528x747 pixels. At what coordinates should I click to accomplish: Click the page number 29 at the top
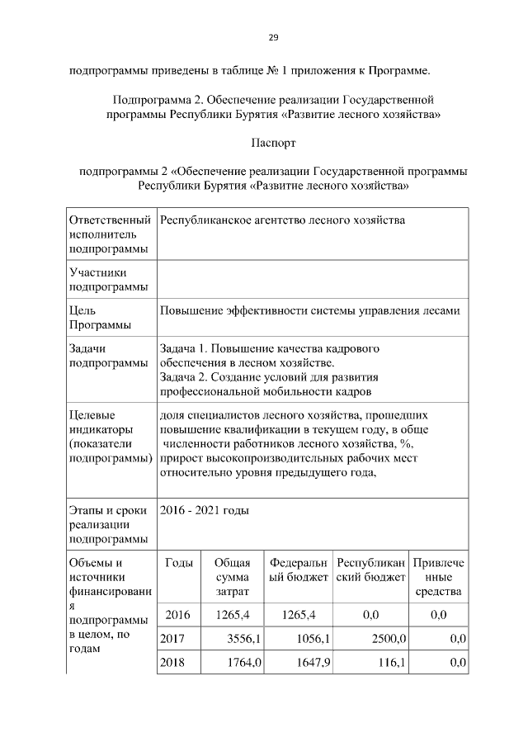click(x=273, y=37)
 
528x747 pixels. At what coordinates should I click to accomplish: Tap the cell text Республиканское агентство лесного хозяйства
click(x=282, y=221)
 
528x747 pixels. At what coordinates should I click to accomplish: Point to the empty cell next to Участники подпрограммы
click(x=312, y=279)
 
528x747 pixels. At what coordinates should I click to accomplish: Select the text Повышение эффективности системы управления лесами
click(x=309, y=310)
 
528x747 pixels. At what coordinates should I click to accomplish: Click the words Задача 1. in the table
click(x=186, y=349)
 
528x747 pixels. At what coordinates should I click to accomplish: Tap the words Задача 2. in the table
click(x=186, y=377)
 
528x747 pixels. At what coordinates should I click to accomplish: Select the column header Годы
click(x=179, y=563)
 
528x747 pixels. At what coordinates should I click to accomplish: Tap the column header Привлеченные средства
click(x=438, y=577)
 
